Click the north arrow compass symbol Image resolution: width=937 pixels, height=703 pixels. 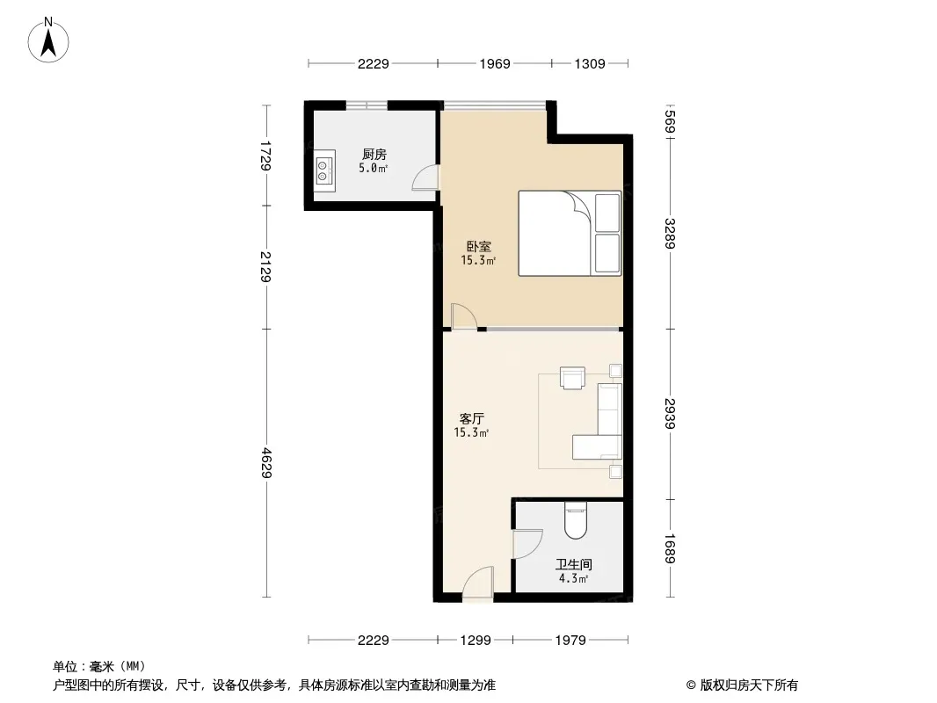[x=48, y=40]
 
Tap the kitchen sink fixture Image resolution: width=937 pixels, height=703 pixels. [x=324, y=170]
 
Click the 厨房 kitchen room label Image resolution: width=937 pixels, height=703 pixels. [x=374, y=156]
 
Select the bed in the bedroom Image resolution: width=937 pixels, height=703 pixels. [x=570, y=234]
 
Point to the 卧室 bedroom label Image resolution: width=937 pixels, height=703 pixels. [x=479, y=246]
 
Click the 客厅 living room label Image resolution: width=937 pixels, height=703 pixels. [x=471, y=418]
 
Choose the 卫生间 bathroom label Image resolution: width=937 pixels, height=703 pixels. [x=574, y=564]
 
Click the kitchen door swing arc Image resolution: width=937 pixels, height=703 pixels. [x=425, y=178]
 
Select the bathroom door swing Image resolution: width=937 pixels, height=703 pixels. [x=527, y=544]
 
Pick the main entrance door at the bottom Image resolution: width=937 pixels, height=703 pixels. [x=477, y=583]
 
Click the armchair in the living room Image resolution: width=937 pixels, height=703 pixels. [x=572, y=378]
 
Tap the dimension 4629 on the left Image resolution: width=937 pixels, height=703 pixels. [x=266, y=463]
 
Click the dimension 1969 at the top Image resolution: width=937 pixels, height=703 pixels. [x=495, y=63]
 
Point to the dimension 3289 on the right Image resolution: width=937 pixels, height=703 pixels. [x=669, y=234]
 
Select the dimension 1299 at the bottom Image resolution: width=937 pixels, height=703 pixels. [x=476, y=641]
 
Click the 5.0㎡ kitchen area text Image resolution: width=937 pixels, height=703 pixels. [x=374, y=169]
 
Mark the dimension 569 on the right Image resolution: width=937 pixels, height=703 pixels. [x=669, y=122]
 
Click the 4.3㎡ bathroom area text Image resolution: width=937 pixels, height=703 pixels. [x=574, y=578]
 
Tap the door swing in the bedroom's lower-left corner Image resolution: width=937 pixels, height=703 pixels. [x=464, y=316]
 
